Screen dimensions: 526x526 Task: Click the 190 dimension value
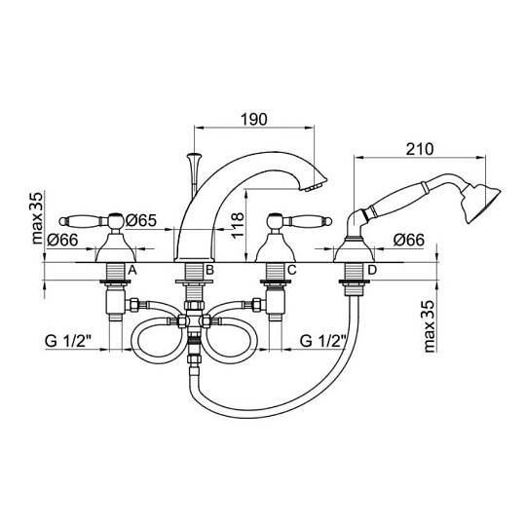click(x=254, y=120)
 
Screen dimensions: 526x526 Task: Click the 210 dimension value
click(x=419, y=149)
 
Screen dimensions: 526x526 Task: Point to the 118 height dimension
click(x=238, y=225)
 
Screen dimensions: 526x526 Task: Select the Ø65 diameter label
click(x=141, y=220)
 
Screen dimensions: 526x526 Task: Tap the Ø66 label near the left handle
click(x=62, y=240)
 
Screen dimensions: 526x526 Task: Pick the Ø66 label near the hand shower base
click(x=409, y=240)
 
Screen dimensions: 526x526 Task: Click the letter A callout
click(x=132, y=270)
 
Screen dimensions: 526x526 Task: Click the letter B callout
click(x=209, y=270)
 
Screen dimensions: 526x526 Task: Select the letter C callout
click(x=292, y=270)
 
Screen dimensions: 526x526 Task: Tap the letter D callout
click(x=372, y=270)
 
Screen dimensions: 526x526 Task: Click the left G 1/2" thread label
click(x=68, y=341)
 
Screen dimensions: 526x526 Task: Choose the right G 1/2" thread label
click(x=323, y=341)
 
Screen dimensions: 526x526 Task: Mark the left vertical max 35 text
click(x=37, y=218)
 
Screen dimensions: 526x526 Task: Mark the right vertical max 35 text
click(x=430, y=325)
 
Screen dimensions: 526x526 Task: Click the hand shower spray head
click(x=481, y=203)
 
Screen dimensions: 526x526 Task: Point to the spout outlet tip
click(x=315, y=186)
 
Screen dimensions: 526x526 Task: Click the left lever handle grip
click(x=83, y=221)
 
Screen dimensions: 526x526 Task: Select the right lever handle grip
click(x=308, y=221)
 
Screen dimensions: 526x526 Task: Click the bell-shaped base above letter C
click(x=276, y=248)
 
